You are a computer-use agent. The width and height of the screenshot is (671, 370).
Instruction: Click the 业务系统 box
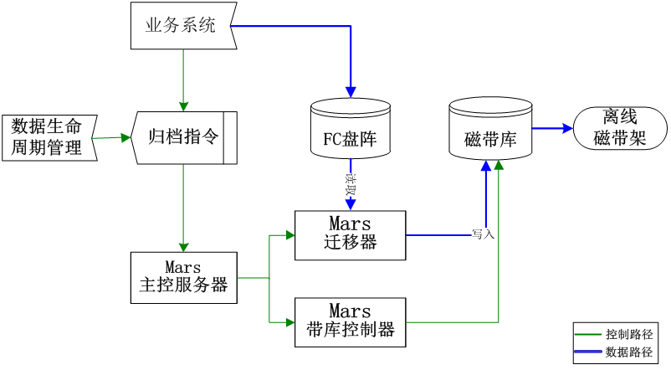(x=182, y=25)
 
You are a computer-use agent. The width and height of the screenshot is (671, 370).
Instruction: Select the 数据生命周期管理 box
(x=48, y=137)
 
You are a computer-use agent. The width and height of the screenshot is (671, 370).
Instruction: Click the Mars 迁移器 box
(x=350, y=234)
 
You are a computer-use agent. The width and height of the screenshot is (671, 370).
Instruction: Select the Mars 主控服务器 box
(x=184, y=277)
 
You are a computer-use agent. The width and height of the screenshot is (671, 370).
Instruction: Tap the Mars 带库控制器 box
(x=350, y=321)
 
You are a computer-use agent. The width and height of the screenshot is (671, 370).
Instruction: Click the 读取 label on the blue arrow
(x=351, y=183)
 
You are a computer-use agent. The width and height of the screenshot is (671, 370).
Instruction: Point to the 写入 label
(x=484, y=234)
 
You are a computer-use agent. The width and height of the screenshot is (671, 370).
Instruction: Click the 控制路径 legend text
(x=628, y=334)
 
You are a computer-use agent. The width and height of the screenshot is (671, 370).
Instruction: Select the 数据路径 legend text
(x=628, y=352)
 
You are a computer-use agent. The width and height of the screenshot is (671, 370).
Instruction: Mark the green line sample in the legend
(x=589, y=334)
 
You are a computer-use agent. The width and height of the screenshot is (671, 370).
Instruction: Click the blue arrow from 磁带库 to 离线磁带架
(x=552, y=129)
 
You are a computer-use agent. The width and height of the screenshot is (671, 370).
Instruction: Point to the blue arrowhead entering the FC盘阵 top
(x=351, y=90)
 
